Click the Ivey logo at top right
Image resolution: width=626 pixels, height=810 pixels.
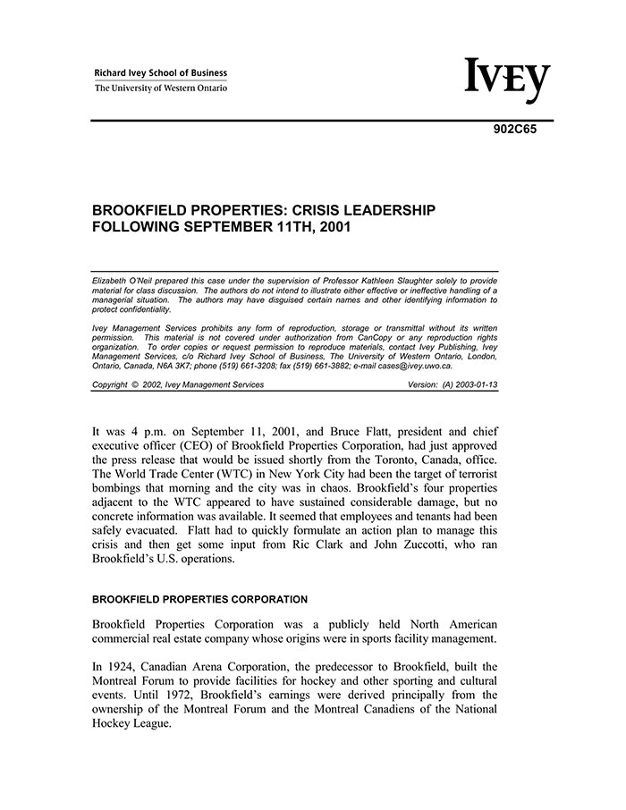click(x=506, y=80)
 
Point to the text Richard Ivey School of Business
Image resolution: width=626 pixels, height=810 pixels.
click(x=161, y=73)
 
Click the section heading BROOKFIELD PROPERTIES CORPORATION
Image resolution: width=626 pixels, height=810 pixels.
click(x=199, y=599)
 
